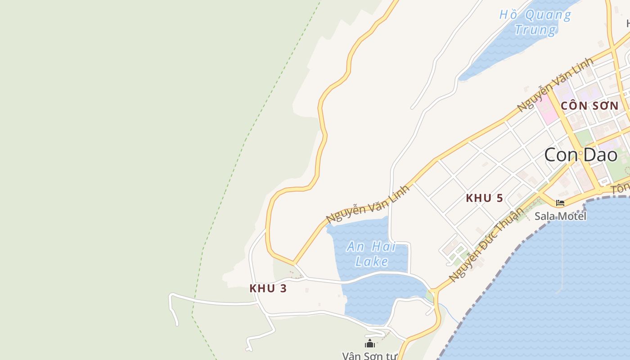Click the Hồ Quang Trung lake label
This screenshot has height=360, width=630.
[x=535, y=22]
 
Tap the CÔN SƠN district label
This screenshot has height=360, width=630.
[x=589, y=106]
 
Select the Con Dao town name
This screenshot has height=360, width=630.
[x=580, y=155]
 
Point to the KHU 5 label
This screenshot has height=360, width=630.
[x=484, y=198]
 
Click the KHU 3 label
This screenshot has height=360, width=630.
[x=268, y=288]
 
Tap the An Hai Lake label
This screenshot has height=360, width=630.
[x=371, y=253]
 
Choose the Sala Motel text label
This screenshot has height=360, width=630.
[x=560, y=216]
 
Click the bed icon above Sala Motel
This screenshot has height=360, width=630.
[x=560, y=203]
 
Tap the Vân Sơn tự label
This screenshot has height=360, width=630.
[x=370, y=356]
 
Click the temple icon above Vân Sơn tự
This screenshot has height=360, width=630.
[x=370, y=344]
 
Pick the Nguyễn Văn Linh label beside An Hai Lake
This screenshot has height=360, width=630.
[x=368, y=204]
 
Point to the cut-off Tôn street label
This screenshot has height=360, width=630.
[x=621, y=189]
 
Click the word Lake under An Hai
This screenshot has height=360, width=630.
[x=371, y=261]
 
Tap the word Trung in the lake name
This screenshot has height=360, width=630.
[x=535, y=30]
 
